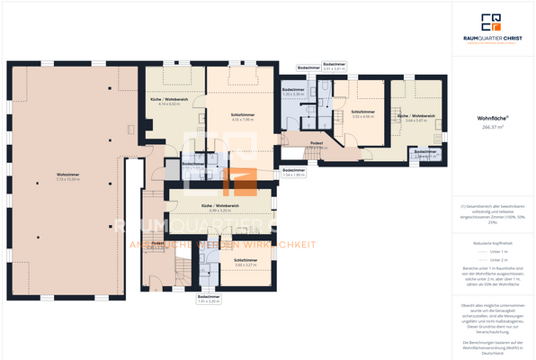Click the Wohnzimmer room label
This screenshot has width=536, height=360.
pos(65,174)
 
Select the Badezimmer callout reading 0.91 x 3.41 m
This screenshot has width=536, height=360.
pos(334,64)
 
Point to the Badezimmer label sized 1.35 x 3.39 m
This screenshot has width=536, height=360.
pos(293,90)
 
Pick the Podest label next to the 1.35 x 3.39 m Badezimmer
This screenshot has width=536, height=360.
pos(317,142)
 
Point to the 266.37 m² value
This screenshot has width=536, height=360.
pos(492,127)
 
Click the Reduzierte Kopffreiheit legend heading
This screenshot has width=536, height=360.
pos(492,244)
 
